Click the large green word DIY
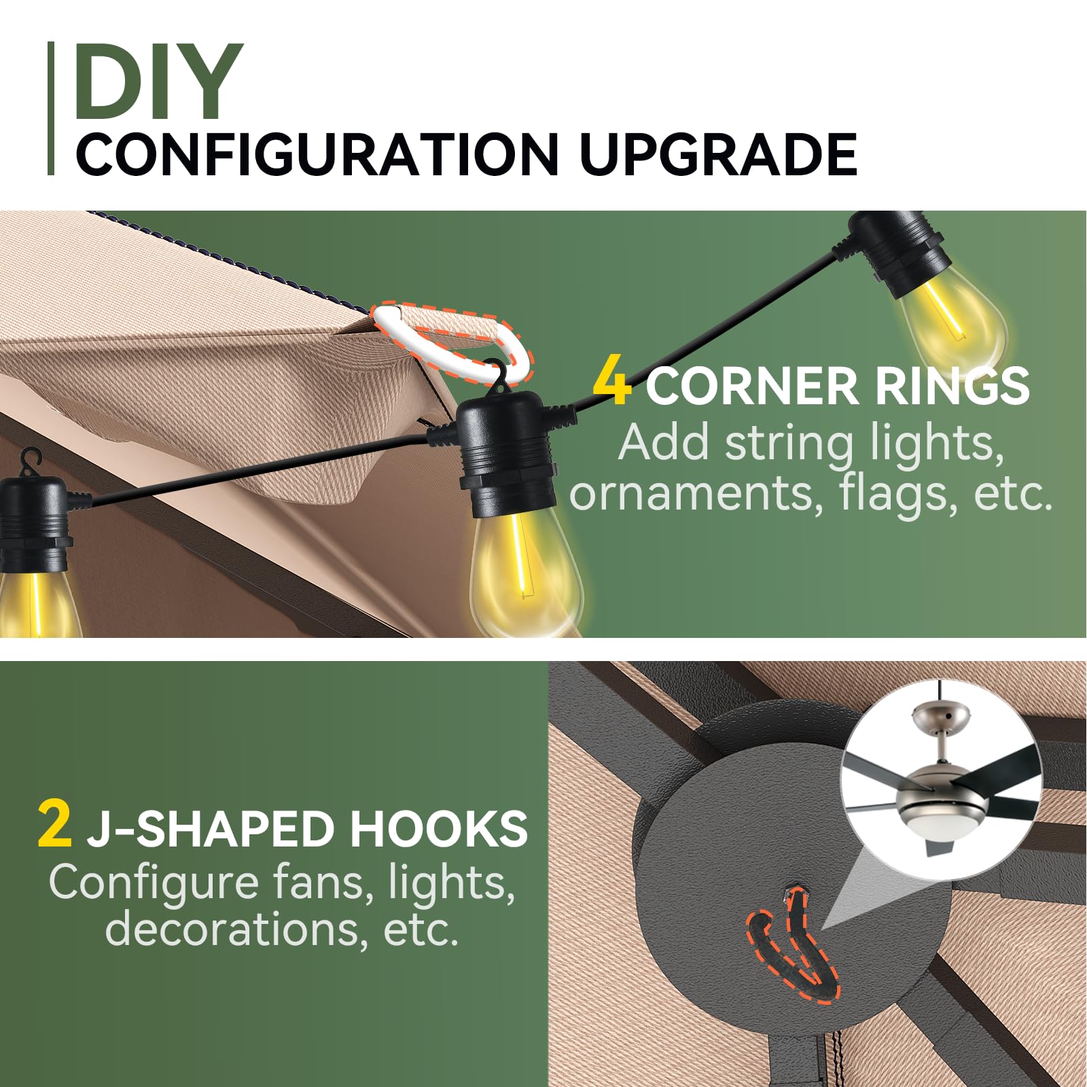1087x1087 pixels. (158, 81)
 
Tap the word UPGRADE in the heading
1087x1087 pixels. (719, 154)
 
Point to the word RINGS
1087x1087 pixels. (952, 386)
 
